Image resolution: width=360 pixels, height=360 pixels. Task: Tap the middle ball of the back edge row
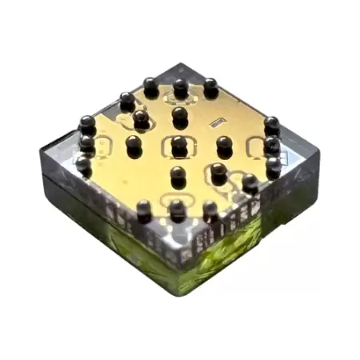(181, 87)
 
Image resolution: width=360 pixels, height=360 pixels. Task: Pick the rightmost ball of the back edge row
(210, 87)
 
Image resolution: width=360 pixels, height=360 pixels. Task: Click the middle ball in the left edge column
(86, 144)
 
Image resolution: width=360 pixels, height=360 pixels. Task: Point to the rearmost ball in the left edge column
(87, 125)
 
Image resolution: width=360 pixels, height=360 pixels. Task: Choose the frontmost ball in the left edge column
(83, 165)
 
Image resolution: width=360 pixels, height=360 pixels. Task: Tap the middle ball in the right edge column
(273, 146)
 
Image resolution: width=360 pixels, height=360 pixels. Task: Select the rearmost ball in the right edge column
(272, 126)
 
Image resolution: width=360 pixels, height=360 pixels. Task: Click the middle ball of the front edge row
(178, 210)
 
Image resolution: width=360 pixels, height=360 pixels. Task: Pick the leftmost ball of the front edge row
(144, 210)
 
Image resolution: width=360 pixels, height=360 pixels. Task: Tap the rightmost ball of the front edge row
(210, 210)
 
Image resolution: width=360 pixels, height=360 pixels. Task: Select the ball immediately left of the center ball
(134, 145)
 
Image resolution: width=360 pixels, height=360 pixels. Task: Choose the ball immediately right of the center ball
(225, 146)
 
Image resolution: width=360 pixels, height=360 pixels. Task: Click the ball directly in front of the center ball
(178, 174)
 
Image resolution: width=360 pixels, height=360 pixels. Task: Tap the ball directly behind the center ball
(180, 116)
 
